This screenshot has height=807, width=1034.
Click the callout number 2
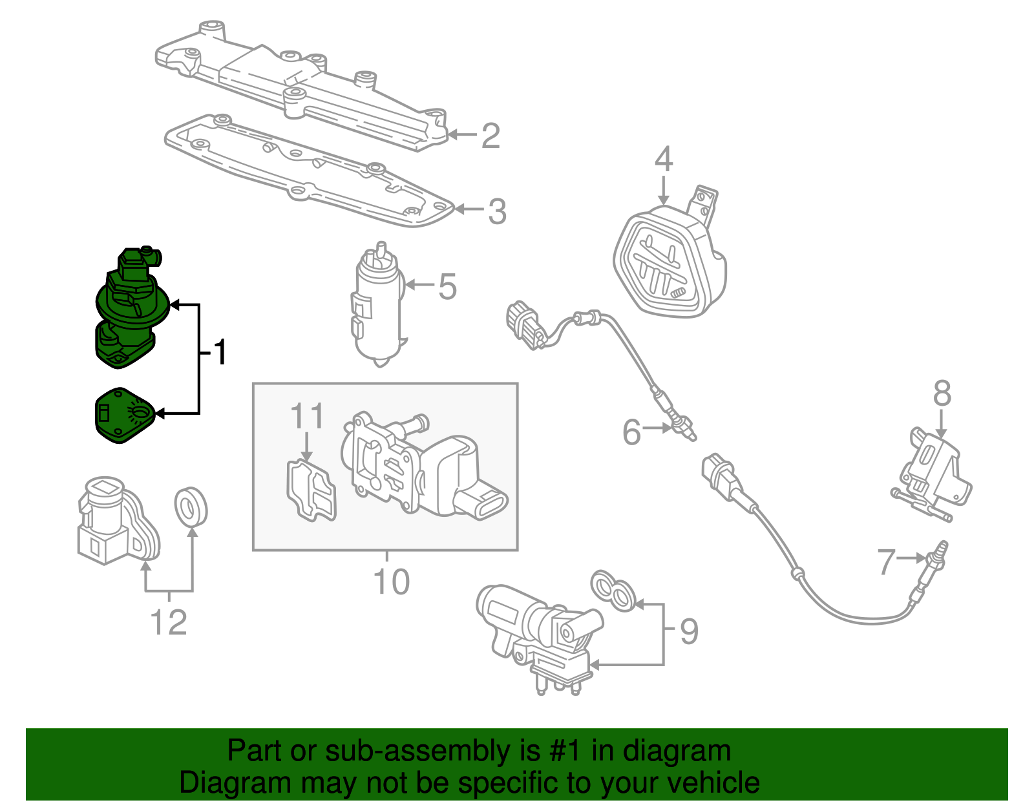point(491,136)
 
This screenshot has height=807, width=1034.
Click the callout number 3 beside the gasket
point(496,211)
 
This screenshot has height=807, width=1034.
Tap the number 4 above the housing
point(664,160)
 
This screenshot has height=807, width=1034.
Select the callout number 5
point(447,286)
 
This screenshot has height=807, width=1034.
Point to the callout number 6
point(631,432)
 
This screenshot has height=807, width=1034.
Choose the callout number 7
point(887,561)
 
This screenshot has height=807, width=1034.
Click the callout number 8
point(942,393)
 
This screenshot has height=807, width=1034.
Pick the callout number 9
point(689,631)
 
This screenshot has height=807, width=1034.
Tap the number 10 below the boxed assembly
point(392,582)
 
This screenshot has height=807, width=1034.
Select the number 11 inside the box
point(307,417)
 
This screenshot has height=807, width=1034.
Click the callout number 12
point(169,622)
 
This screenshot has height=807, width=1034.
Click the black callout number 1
point(220,352)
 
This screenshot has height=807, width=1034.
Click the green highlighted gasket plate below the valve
point(123,415)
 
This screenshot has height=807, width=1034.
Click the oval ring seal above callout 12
point(191,507)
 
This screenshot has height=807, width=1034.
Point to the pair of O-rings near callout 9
point(614,591)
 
